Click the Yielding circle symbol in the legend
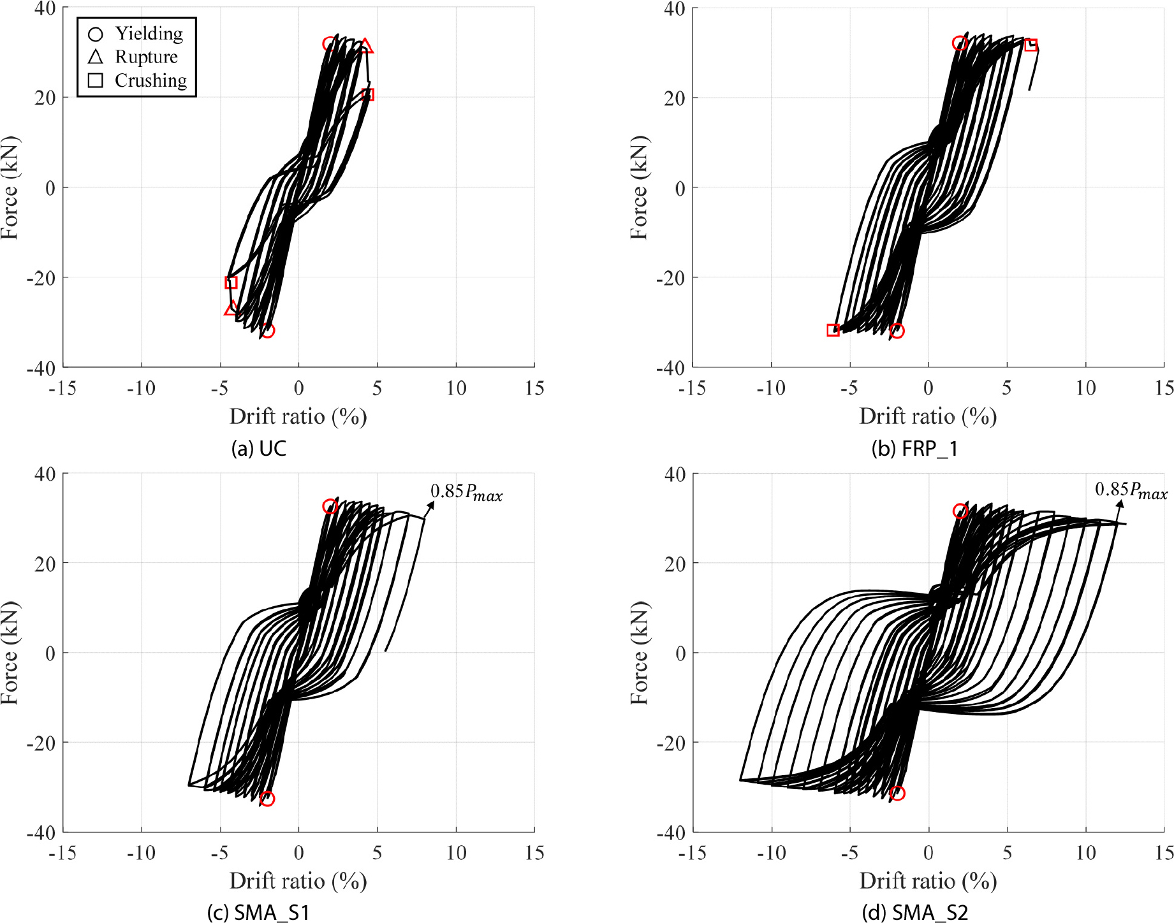tap(95, 34)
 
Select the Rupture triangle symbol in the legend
tap(95, 57)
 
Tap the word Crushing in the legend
tap(150, 80)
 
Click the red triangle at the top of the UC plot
tap(366, 46)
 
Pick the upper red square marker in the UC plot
tap(368, 95)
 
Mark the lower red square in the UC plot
tap(231, 282)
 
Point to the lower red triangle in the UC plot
tap(231, 309)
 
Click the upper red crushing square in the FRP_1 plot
tap(1031, 45)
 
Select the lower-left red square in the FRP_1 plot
tap(833, 330)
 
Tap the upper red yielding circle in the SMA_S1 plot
tap(330, 507)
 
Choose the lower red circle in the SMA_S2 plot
tap(897, 794)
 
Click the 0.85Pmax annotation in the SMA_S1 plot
tap(466, 492)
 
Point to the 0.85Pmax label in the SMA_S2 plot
tap(1131, 490)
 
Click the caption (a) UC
tap(259, 449)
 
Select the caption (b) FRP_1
tap(914, 449)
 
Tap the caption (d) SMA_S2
tap(914, 913)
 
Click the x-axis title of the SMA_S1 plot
tap(298, 881)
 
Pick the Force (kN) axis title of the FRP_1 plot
tap(639, 187)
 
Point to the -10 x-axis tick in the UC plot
tap(141, 388)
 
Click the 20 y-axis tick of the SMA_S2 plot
tap(675, 563)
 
